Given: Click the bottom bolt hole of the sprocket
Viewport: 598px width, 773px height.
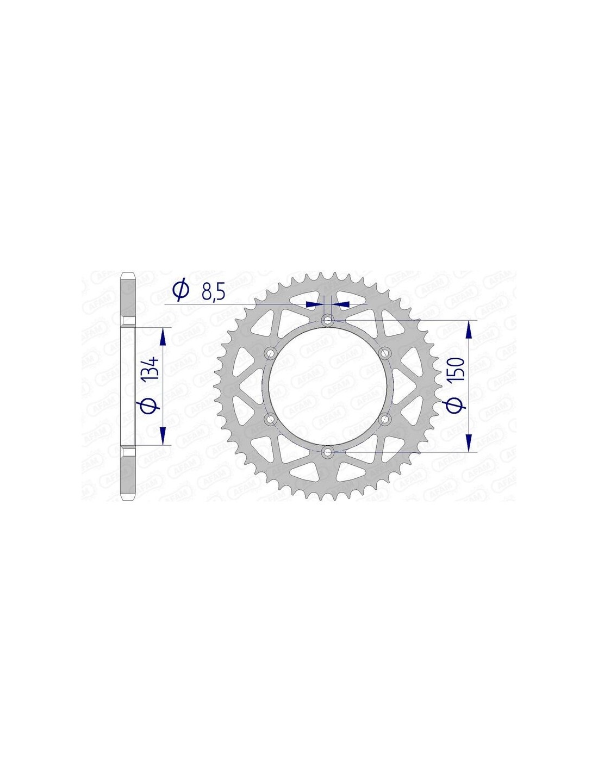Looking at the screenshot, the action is (x=327, y=452).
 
